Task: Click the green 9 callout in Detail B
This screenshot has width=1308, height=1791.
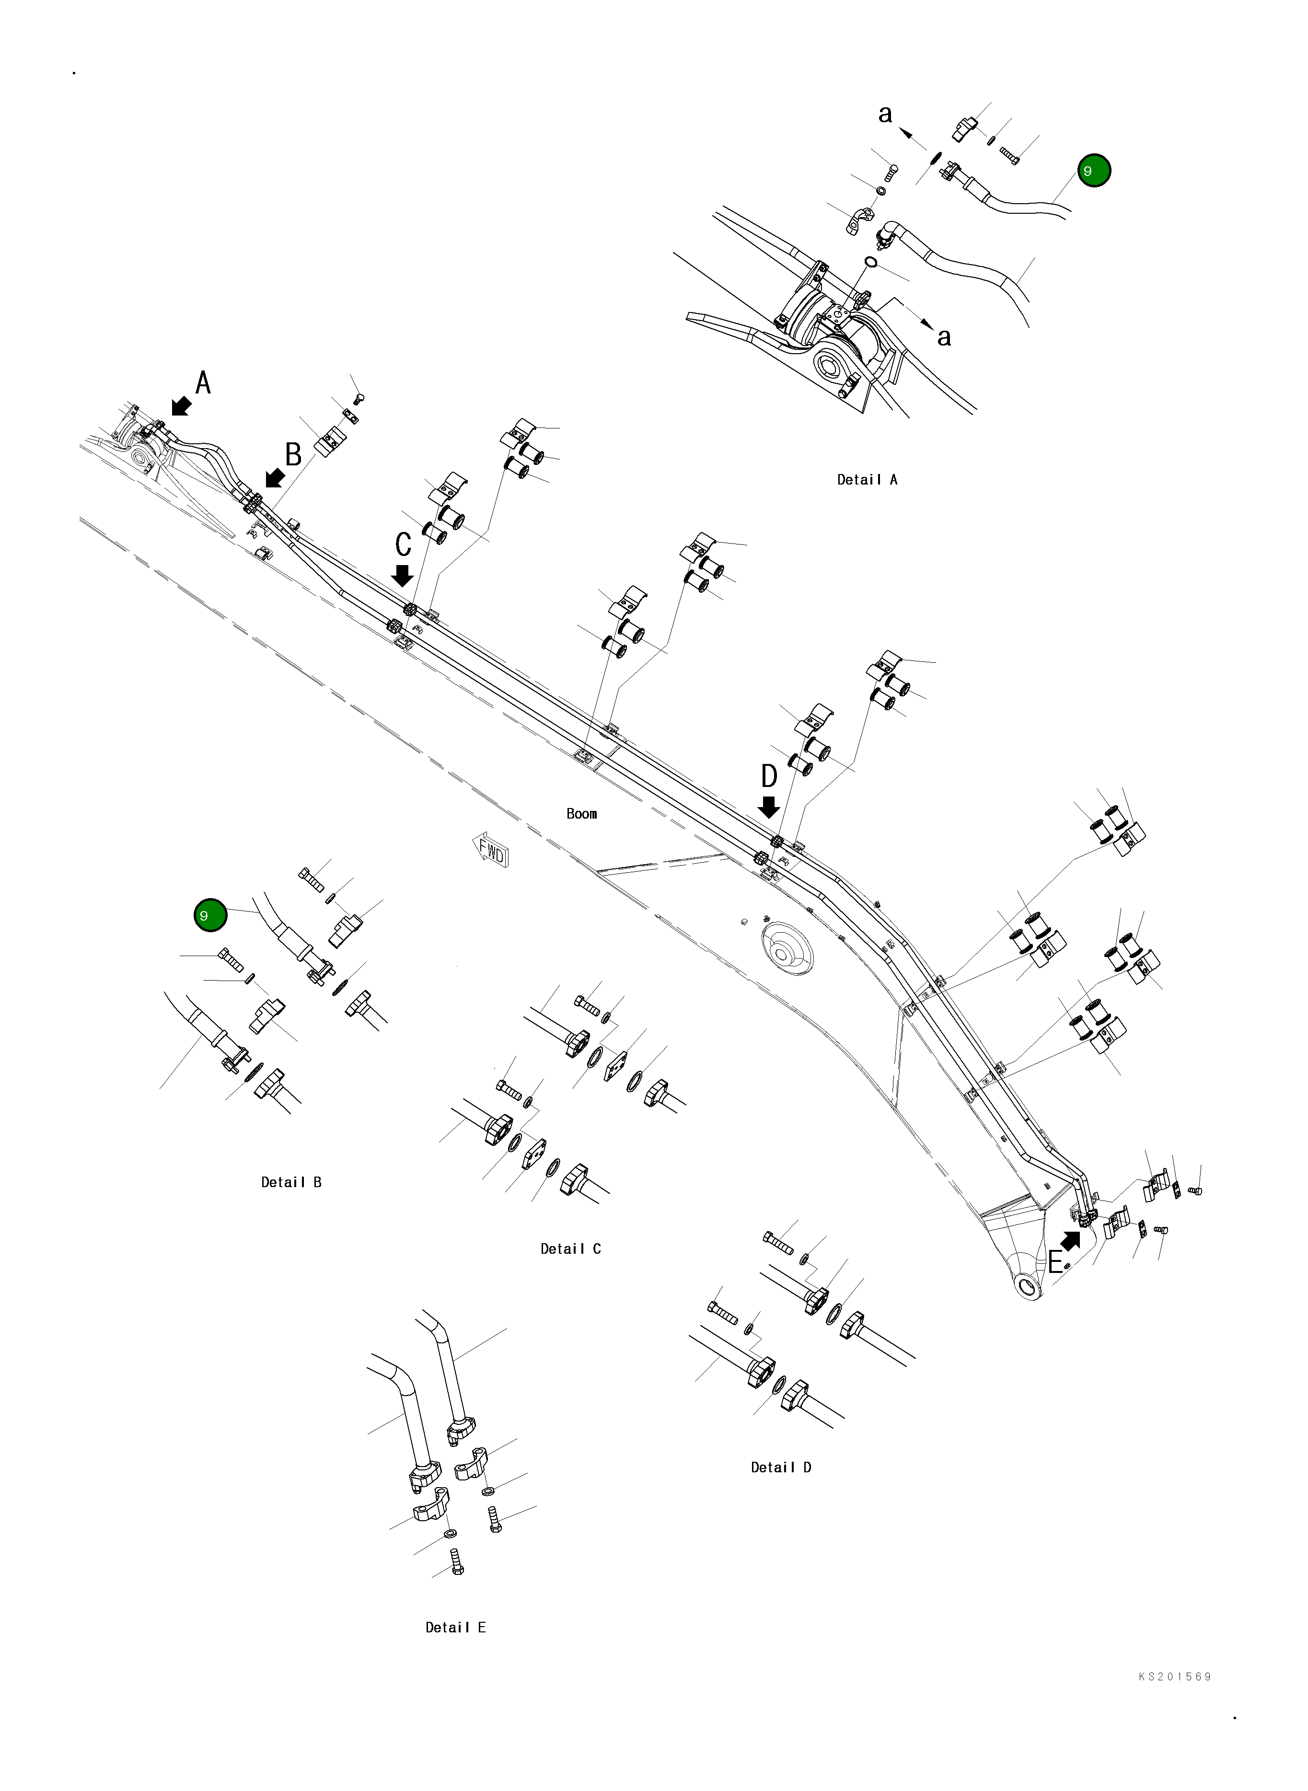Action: click(210, 915)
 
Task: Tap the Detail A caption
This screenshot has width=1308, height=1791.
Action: click(867, 479)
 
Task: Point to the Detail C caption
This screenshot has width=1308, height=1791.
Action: click(570, 1248)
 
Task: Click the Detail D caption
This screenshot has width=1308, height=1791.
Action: click(781, 1467)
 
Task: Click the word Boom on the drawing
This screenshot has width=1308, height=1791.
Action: click(581, 813)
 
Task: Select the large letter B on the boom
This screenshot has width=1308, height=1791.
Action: click(293, 454)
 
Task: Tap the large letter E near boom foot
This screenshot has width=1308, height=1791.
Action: click(1055, 1262)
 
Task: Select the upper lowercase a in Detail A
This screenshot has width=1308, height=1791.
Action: click(885, 114)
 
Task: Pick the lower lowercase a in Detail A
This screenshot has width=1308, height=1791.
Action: click(944, 337)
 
